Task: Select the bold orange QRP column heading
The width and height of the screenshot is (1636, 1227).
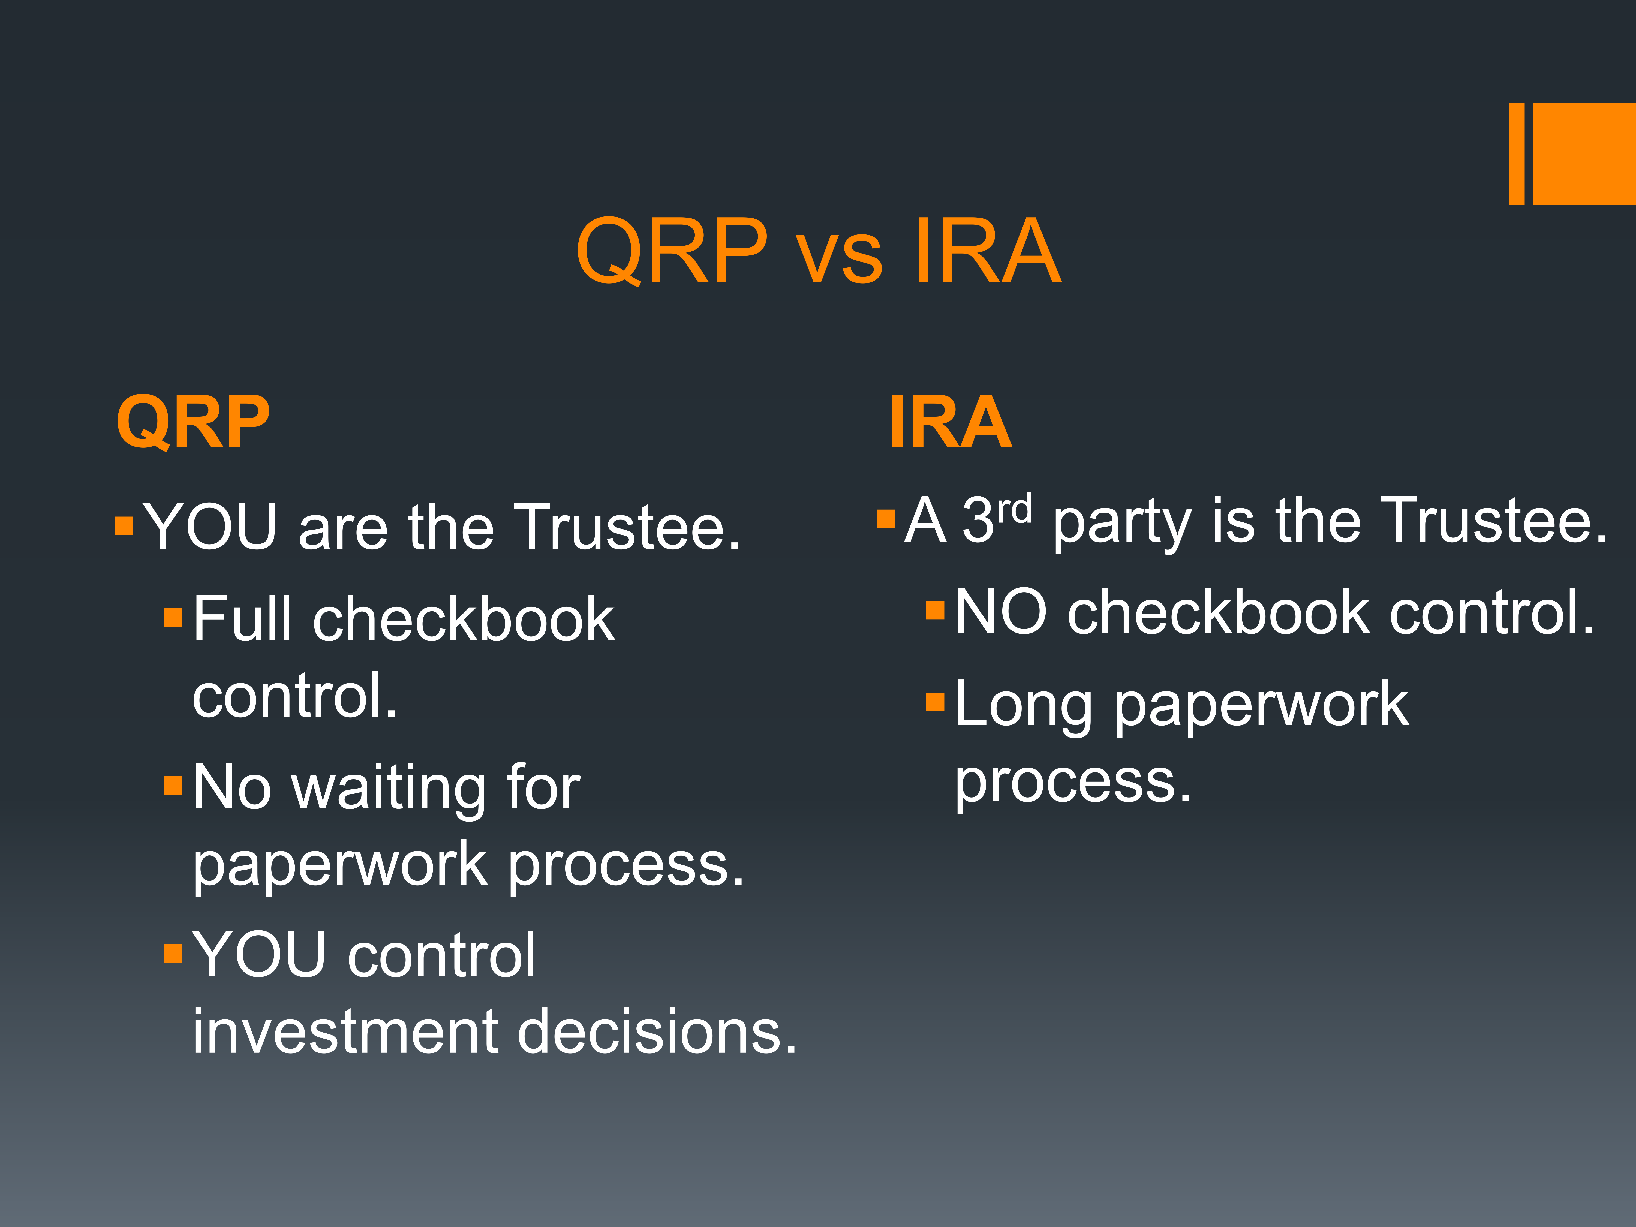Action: pos(193,422)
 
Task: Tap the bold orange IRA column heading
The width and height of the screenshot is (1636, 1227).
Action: pos(951,422)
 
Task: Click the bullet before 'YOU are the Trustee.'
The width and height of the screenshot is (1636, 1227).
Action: pos(124,526)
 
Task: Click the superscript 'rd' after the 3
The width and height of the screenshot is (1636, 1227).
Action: pos(1014,510)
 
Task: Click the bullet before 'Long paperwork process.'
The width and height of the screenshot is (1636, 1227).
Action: pos(935,701)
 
